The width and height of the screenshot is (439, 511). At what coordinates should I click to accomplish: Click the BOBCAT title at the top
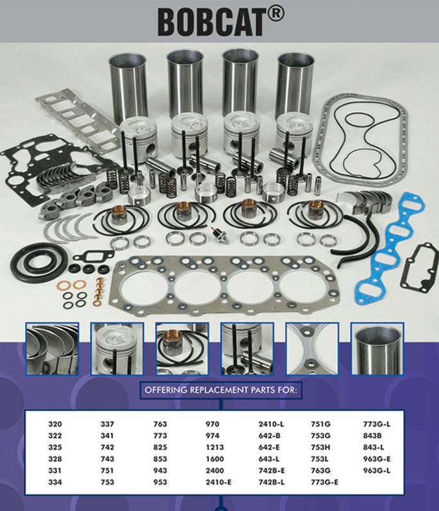coord(211,22)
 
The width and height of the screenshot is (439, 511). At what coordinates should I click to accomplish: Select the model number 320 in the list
coord(56,424)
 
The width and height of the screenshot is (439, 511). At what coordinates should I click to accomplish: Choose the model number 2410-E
coord(218,482)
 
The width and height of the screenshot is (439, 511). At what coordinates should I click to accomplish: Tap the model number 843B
coord(373,435)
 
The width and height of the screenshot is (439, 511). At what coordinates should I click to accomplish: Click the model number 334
coord(56,482)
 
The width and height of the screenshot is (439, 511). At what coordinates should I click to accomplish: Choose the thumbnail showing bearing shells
coord(52,348)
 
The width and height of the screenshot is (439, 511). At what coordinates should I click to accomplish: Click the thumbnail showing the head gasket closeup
coord(312,348)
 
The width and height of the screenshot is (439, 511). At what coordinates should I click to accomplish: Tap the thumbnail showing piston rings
coord(182,348)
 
